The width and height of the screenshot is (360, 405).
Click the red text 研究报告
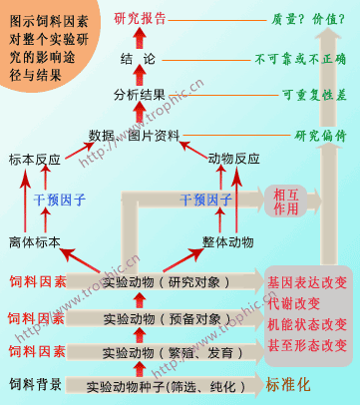point(141,18)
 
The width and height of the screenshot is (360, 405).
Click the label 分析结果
point(140,96)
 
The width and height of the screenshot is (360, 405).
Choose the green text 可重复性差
point(313,96)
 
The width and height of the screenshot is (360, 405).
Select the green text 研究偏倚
point(319,134)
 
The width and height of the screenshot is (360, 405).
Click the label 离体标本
point(35,241)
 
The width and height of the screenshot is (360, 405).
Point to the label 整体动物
point(233,241)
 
